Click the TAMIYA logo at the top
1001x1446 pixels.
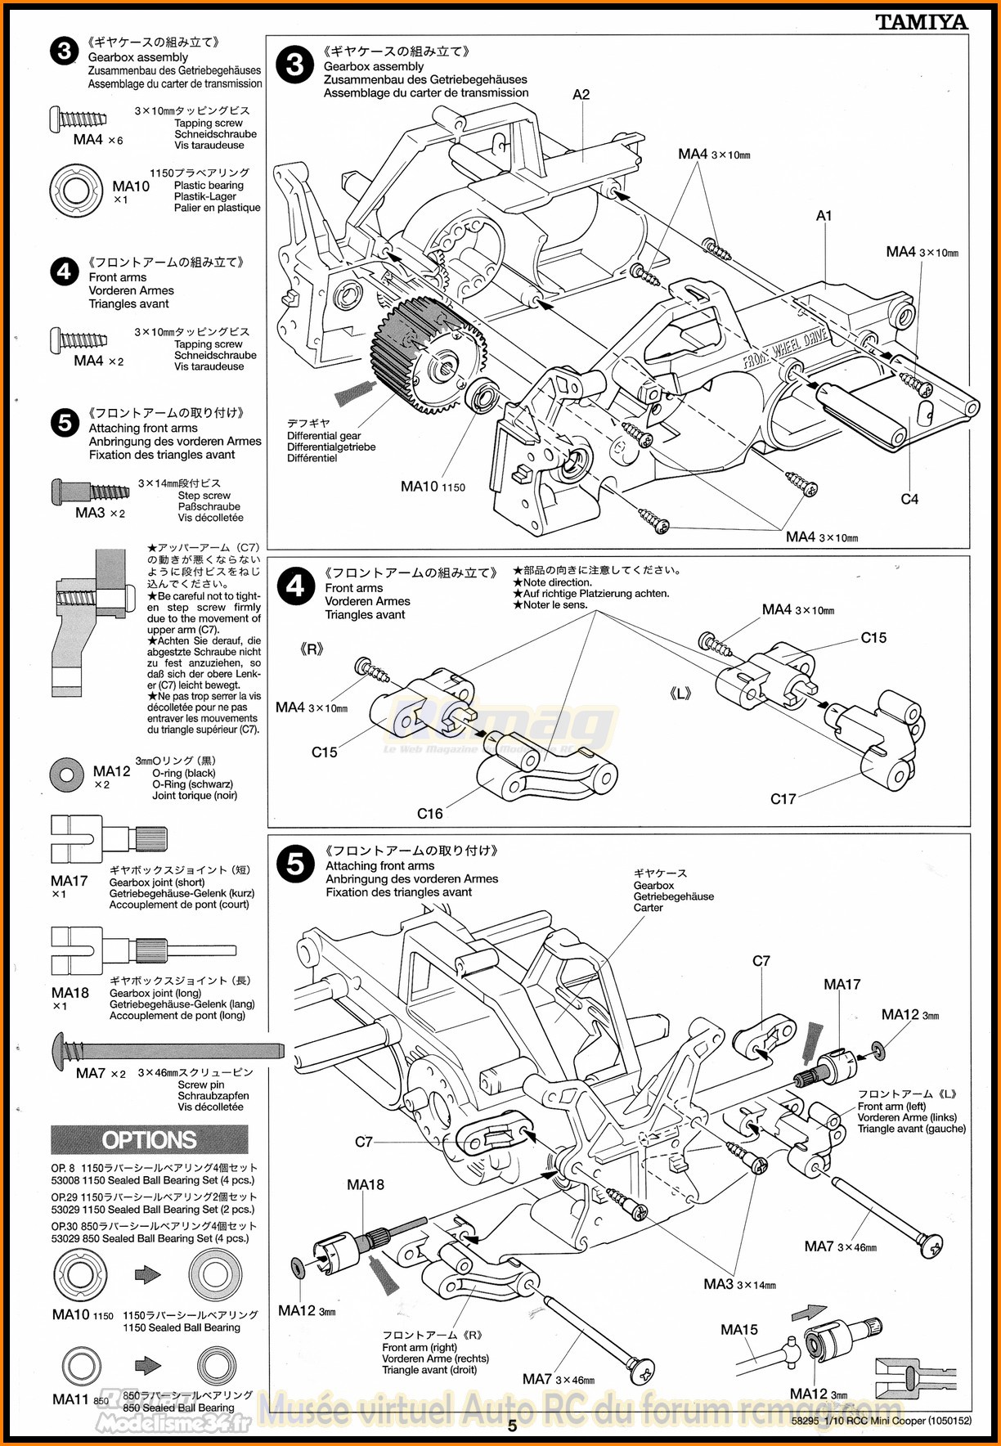point(922,22)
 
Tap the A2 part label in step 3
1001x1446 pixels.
point(581,95)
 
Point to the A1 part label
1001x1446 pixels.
point(824,216)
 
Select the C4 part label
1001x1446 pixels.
point(909,499)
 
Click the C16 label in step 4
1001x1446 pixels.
point(429,813)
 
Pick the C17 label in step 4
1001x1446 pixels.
point(783,799)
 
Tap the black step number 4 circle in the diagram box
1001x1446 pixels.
point(295,587)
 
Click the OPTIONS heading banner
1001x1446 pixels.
point(149,1139)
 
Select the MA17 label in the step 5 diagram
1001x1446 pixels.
point(842,985)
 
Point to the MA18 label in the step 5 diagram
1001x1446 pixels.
point(365,1184)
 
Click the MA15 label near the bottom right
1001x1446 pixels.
point(738,1330)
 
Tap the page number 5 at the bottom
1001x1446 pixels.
point(513,1426)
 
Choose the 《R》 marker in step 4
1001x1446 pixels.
point(312,649)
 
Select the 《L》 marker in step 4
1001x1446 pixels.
point(680,694)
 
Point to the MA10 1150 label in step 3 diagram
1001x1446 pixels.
point(433,487)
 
